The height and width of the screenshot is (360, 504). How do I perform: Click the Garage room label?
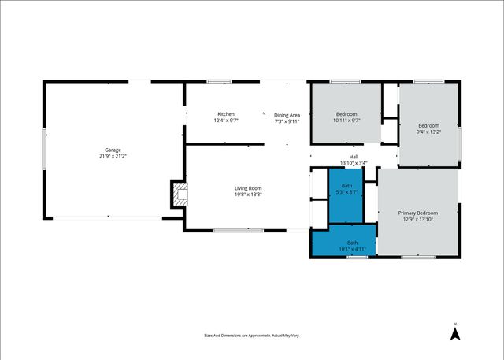click(x=113, y=150)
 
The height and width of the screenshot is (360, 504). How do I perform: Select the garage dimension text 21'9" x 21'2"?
click(x=113, y=156)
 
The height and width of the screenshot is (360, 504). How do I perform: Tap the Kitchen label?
click(x=226, y=114)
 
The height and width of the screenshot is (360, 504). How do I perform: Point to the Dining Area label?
click(x=287, y=114)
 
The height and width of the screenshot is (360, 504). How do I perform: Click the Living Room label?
click(x=247, y=188)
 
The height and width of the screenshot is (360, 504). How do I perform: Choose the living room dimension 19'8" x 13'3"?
click(x=247, y=195)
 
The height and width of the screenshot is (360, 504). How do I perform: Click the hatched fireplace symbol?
click(x=180, y=195)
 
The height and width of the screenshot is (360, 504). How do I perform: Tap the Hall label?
click(x=354, y=157)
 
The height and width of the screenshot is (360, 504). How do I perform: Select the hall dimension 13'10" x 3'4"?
click(x=354, y=163)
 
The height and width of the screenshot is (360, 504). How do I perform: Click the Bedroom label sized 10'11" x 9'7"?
click(x=346, y=114)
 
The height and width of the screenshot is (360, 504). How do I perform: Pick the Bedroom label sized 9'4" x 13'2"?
click(x=428, y=126)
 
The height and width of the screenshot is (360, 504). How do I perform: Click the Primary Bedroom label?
click(x=417, y=213)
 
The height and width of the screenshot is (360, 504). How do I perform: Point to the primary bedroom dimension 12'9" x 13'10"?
click(x=417, y=219)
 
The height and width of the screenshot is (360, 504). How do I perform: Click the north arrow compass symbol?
click(x=454, y=334)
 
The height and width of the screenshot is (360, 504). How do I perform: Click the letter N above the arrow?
click(x=454, y=324)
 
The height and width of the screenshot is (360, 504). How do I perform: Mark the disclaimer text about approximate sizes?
click(x=251, y=336)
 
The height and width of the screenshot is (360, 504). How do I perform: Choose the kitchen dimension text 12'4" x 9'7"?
click(x=226, y=121)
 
